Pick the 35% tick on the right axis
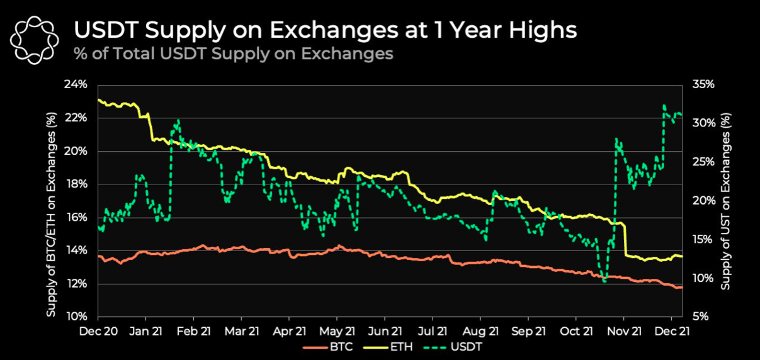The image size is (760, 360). pos(702,85)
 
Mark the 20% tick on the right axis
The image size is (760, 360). pos(702,201)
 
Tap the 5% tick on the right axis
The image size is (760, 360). pos(700,317)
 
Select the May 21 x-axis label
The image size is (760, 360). pos(337,330)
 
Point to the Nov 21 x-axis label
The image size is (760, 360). pos(625,330)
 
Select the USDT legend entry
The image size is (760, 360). pos(462,346)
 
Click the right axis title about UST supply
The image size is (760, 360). pos(725,201)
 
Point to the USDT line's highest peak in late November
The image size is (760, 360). pos(665,106)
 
